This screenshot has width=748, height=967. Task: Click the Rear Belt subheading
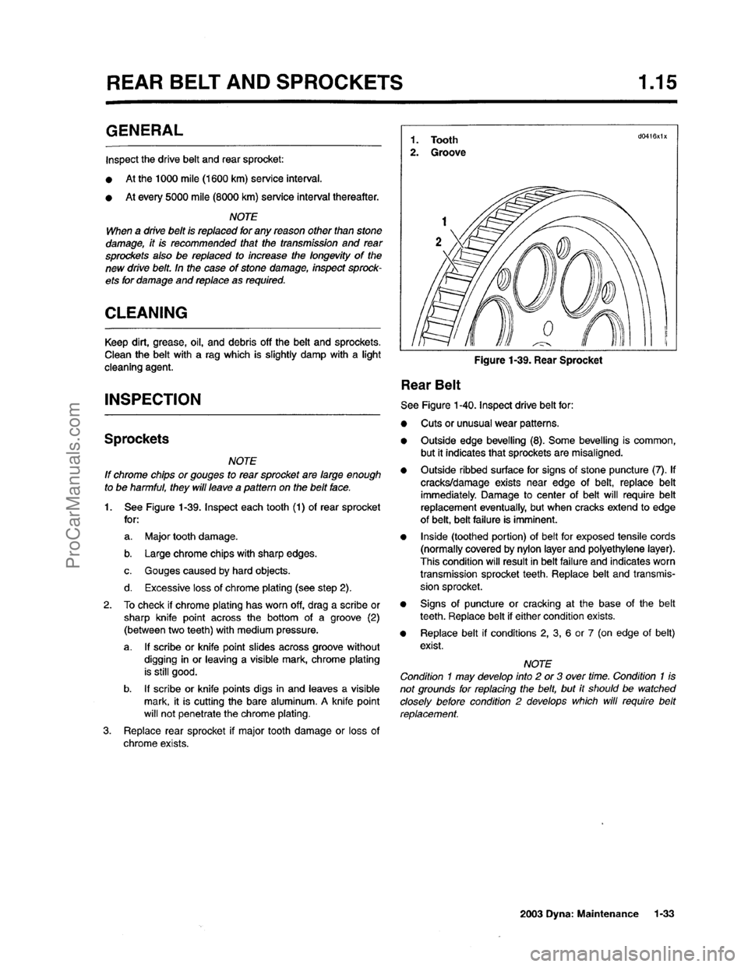pyautogui.click(x=431, y=384)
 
